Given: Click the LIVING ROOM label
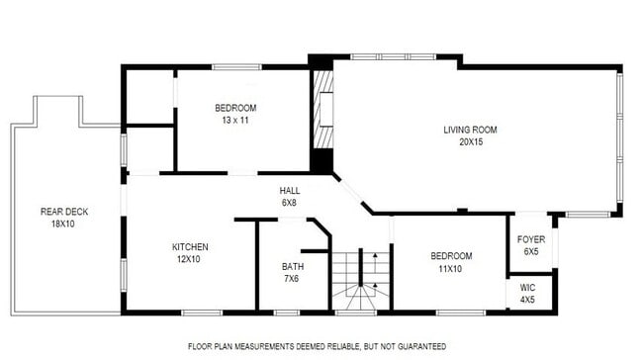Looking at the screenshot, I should click(x=470, y=130).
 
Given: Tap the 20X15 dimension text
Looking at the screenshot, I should click(x=470, y=141).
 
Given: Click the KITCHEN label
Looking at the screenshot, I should click(x=190, y=246).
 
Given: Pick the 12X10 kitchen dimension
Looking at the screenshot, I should click(x=190, y=259).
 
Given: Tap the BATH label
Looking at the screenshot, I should click(x=292, y=266).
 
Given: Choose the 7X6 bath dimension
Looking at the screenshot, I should click(x=292, y=278).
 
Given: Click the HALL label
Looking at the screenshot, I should click(x=289, y=191).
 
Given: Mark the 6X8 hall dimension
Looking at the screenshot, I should click(x=289, y=203).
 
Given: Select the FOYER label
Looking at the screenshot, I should click(x=531, y=239).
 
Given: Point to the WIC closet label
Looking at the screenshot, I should click(x=527, y=288).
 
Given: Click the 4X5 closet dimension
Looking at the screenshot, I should click(x=527, y=300).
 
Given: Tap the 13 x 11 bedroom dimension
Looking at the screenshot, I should click(x=235, y=121).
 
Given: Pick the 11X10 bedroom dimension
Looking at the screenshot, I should click(x=450, y=269).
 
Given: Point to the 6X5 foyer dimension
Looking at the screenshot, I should click(x=531, y=252).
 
